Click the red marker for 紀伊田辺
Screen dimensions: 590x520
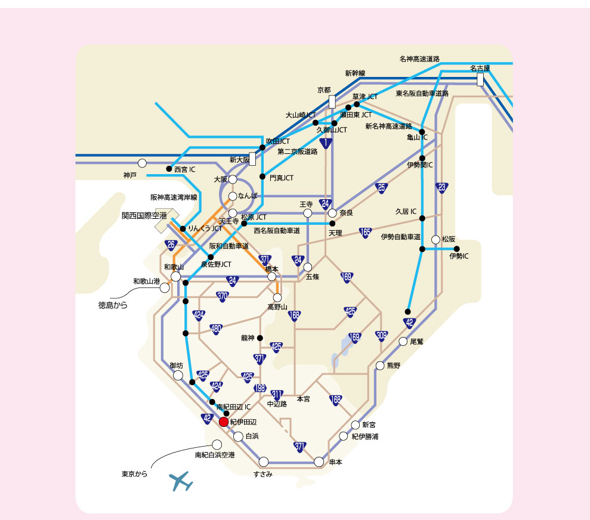(224, 422)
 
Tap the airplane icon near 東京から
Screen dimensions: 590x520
(181, 481)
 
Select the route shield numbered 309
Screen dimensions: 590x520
(382, 336)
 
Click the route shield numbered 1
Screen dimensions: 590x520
(326, 143)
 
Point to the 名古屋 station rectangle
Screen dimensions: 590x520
(480, 80)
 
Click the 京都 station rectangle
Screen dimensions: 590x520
(332, 102)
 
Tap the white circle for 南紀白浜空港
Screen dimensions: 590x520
(217, 445)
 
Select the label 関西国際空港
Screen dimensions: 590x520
(144, 216)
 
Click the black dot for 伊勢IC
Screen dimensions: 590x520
(457, 249)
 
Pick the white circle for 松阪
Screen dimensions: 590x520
(435, 240)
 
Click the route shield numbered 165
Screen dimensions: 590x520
(365, 233)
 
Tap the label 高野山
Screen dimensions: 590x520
(277, 307)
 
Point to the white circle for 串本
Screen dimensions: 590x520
(319, 462)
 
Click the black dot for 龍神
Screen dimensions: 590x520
(260, 338)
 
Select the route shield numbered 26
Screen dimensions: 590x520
(171, 245)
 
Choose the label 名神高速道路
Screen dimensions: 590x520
(419, 59)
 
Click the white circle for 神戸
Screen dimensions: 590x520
(142, 163)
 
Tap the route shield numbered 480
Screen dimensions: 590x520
(216, 329)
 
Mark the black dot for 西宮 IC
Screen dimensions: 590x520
(169, 169)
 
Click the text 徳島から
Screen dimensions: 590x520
(113, 305)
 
